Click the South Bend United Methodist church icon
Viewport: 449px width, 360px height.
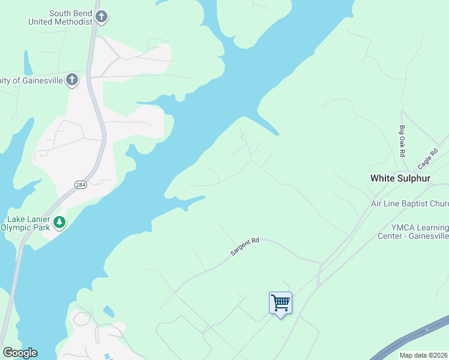click(x=101, y=17)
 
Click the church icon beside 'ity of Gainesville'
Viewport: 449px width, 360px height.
click(x=72, y=79)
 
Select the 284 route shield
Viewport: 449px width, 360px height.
click(x=81, y=185)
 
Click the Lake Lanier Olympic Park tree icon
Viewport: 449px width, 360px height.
click(x=59, y=222)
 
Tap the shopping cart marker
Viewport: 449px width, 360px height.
click(x=280, y=302)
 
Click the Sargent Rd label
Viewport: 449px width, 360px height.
click(x=244, y=247)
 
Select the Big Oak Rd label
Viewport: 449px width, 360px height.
click(x=402, y=141)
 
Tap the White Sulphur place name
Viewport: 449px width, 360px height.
click(x=400, y=178)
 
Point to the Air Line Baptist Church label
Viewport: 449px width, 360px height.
click(x=409, y=204)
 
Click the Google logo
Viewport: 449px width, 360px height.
click(x=20, y=353)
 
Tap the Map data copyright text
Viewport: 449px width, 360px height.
click(x=424, y=355)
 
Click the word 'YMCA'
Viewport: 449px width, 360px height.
click(x=403, y=227)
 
